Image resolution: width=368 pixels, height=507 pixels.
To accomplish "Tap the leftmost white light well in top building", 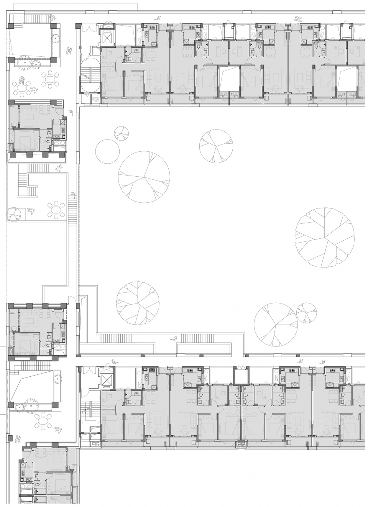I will click(229, 79).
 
